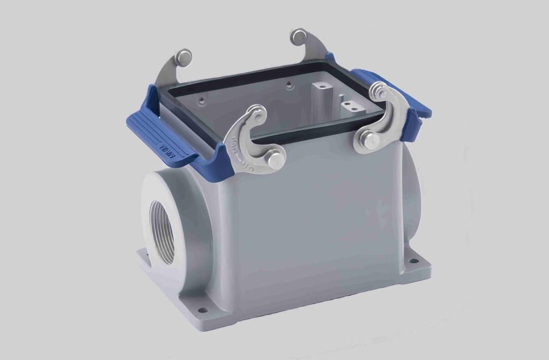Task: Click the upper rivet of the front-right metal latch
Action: (380, 91)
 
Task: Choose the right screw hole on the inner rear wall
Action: (290, 84)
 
